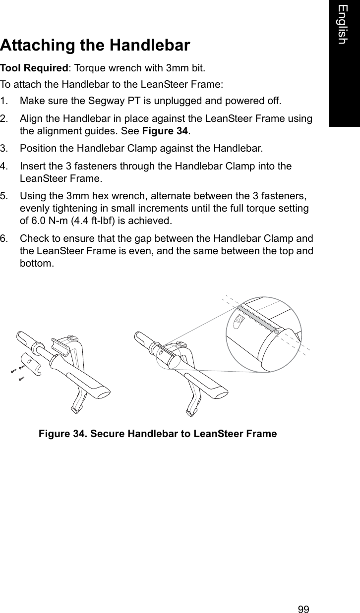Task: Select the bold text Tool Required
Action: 34,67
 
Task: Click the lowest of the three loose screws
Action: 21,379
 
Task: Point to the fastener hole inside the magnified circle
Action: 238,320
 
